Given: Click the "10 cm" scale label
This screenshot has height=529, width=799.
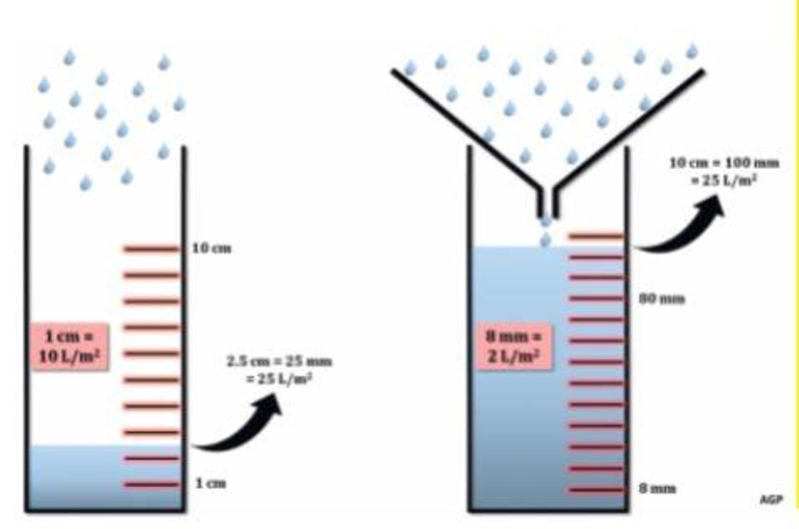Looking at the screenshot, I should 212,249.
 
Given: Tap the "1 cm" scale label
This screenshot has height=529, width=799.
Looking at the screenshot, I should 210,484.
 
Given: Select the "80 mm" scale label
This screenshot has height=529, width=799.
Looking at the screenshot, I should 662,299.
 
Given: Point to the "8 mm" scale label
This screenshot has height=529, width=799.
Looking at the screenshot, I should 658,489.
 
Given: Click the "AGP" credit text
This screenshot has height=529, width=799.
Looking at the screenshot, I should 770,499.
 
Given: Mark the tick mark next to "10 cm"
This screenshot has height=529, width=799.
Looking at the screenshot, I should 151,249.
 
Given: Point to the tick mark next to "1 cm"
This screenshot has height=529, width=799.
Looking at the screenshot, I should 151,484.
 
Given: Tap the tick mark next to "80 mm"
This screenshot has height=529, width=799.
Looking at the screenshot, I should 595,298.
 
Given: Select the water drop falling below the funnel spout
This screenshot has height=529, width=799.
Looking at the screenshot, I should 546,238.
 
